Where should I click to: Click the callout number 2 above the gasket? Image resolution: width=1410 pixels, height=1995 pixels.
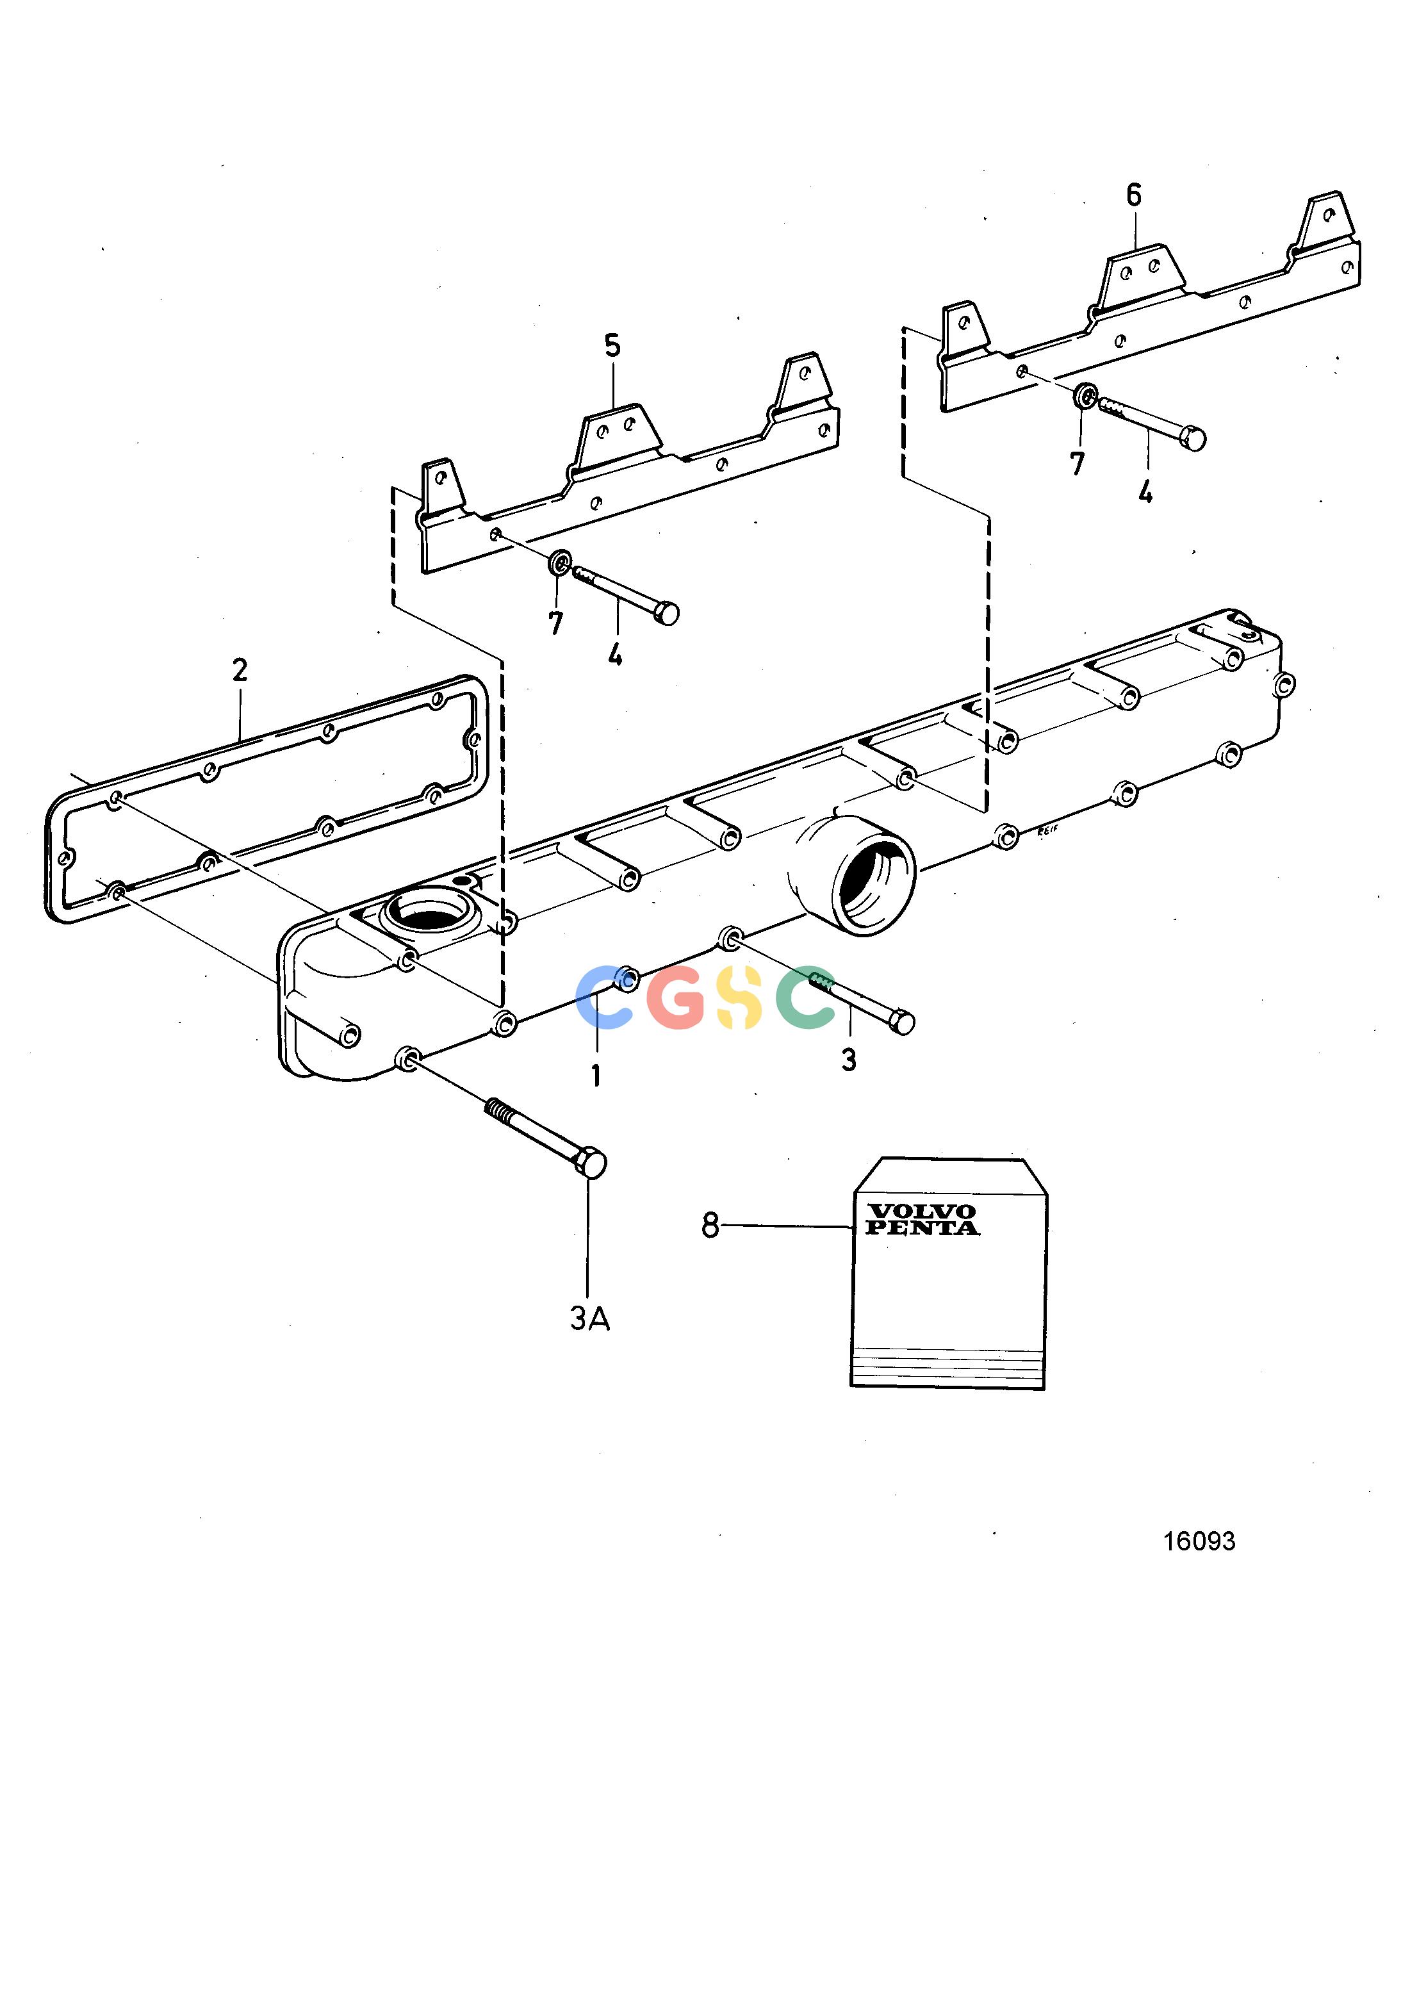point(240,670)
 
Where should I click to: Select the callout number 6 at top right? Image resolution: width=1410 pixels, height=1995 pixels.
point(1134,195)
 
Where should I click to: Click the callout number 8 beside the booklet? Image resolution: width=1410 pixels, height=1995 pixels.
point(710,1226)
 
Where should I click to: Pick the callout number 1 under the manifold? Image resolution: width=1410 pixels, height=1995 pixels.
point(596,1076)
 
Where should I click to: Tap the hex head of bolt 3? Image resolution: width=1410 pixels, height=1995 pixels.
point(903,1022)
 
